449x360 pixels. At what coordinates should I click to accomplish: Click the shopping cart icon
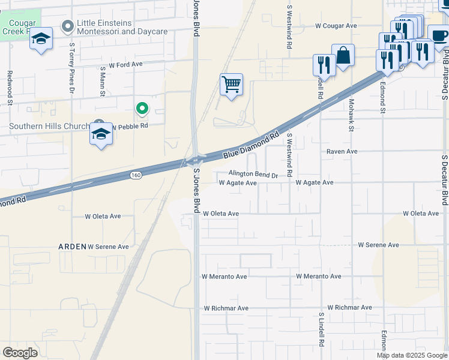click(x=231, y=84)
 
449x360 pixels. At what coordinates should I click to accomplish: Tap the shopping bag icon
click(x=343, y=56)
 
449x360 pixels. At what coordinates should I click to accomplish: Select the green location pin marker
click(x=142, y=108)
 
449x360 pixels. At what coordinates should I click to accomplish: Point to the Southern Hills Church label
click(x=49, y=126)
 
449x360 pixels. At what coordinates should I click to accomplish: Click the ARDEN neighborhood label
click(x=72, y=247)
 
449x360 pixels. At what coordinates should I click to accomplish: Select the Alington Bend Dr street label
click(x=253, y=175)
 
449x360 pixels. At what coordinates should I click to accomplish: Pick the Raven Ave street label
click(x=342, y=152)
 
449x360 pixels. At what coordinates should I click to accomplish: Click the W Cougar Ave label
click(x=336, y=26)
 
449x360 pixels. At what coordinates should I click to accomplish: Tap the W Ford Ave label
click(x=125, y=64)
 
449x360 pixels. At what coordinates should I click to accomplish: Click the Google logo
click(x=20, y=353)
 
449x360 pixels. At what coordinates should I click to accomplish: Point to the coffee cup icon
click(x=439, y=36)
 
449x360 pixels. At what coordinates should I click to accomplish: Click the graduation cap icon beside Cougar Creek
click(x=41, y=39)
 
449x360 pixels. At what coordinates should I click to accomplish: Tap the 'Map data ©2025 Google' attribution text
click(x=412, y=355)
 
